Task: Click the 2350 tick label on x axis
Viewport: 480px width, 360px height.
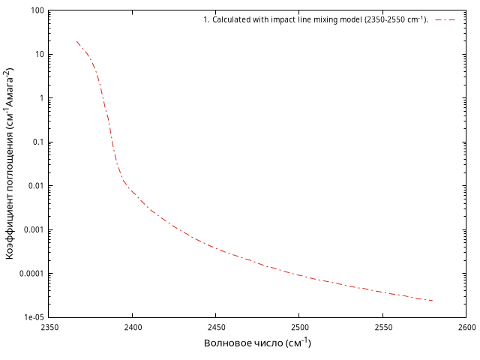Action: pos(49,328)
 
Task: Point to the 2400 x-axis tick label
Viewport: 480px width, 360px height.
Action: pos(133,328)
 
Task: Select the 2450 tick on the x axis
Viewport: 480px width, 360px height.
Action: pos(216,328)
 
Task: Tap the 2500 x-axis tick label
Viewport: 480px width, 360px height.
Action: pos(299,328)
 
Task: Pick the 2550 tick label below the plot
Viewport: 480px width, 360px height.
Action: pos(382,328)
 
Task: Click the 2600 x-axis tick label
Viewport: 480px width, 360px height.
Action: pos(466,328)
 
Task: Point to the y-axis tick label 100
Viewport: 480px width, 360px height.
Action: pos(34,11)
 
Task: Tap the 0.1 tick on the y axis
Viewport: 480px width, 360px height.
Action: pos(36,142)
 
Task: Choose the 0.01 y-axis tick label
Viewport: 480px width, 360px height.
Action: pos(34,186)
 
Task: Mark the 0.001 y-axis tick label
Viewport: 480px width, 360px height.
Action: pos(31,229)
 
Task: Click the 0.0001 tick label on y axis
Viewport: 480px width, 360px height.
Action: pos(29,274)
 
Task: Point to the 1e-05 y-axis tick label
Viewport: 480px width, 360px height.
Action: pos(31,317)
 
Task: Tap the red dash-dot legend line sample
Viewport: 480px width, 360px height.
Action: pos(445,19)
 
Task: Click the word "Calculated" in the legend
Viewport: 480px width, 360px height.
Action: pos(232,19)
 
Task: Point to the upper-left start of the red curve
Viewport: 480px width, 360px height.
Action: pos(76,41)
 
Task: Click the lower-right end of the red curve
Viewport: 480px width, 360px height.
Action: pos(433,301)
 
